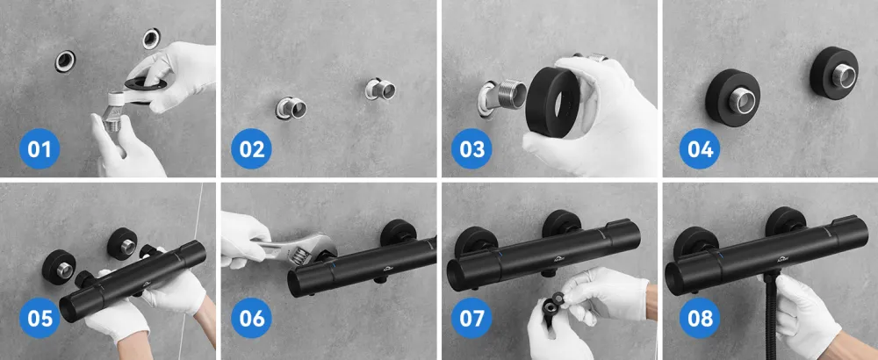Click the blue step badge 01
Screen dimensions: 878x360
pos(40,149)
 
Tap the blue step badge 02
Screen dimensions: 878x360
pos(251,149)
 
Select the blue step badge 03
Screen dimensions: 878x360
pos(471,149)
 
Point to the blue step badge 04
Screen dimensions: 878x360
pos(700,149)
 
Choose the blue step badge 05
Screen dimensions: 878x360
pos(40,318)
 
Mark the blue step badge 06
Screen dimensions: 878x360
pos(251,318)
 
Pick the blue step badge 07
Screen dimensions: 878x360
pos(471,318)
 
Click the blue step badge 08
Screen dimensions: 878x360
pos(700,318)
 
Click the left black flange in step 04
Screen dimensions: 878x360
pos(732,99)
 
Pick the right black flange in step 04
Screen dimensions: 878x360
pos(834,73)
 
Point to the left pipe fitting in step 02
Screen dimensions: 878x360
pos(291,107)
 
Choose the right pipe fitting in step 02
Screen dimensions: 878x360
pos(381,89)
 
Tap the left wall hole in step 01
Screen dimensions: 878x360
pos(65,61)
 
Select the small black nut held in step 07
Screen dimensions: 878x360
pos(558,299)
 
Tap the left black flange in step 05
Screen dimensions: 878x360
pos(59,267)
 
